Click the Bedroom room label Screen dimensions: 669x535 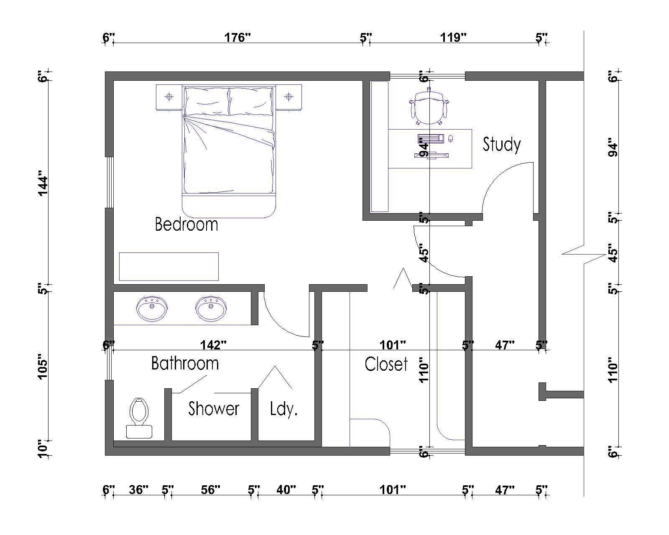(186, 224)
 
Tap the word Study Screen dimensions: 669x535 (501, 145)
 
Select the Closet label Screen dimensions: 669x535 (386, 364)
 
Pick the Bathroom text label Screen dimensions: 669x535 (185, 363)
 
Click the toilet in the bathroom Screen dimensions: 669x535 (139, 418)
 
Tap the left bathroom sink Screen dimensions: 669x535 (152, 308)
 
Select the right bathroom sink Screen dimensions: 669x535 (211, 308)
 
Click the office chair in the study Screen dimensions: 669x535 (429, 106)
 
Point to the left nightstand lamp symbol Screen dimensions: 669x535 (169, 97)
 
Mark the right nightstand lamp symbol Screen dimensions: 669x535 (289, 97)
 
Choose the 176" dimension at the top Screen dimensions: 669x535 (237, 38)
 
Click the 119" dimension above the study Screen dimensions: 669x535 (453, 38)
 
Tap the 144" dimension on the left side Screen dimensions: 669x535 (43, 186)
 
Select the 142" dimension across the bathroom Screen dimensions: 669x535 (213, 345)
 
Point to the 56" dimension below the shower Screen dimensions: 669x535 (210, 489)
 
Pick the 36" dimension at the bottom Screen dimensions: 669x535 (139, 489)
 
